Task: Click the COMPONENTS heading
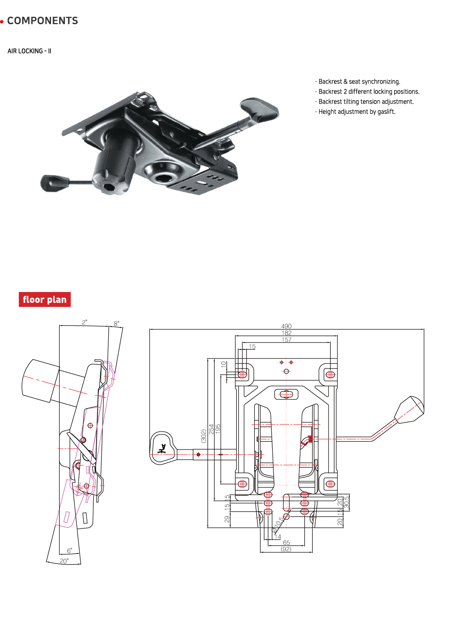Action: pos(42,21)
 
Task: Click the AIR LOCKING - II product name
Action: pos(29,51)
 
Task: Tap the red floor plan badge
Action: pos(45,300)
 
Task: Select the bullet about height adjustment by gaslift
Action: pos(357,112)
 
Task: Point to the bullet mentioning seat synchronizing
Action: pos(359,81)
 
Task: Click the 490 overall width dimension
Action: pos(286,326)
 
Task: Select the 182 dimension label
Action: pos(286,333)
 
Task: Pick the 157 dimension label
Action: pos(286,340)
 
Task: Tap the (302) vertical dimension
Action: pos(204,436)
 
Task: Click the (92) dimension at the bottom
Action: pos(286,549)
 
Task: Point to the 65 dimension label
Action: pos(286,543)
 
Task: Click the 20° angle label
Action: pos(64,561)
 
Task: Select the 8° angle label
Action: pos(117,323)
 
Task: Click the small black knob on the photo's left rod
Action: pos(54,183)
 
